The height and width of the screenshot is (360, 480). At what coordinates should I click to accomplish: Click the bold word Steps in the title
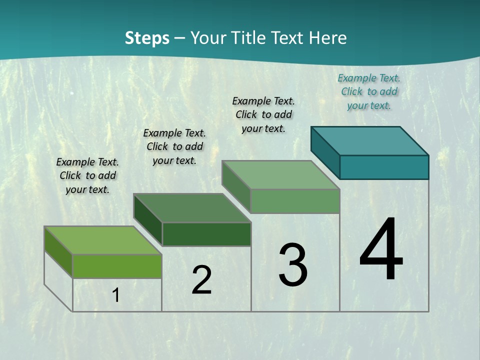pos(147,38)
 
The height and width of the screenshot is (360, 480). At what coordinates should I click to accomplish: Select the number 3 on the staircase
pos(293,265)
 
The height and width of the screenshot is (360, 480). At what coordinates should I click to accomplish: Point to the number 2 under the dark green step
pos(201,280)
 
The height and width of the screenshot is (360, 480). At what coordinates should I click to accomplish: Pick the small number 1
pos(116,295)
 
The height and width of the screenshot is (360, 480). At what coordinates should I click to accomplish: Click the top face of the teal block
pos(370,140)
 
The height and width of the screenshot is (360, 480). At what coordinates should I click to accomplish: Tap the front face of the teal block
pos(384,167)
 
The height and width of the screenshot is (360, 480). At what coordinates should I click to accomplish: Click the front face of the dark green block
pos(206,234)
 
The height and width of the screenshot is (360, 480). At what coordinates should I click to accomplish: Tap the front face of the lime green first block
pos(117,266)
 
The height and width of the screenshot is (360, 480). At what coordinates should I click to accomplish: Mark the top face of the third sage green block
pos(281,174)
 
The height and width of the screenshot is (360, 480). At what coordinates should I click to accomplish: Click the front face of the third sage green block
pos(295,201)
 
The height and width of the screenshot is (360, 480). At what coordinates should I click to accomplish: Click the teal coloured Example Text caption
pos(369,91)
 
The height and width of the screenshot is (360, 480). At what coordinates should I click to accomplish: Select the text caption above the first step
pos(87,175)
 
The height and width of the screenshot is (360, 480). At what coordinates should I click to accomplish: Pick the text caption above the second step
pos(174,146)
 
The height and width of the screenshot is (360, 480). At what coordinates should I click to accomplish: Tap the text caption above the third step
pos(263,114)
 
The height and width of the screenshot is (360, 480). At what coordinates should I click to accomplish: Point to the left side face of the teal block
pos(325,152)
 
